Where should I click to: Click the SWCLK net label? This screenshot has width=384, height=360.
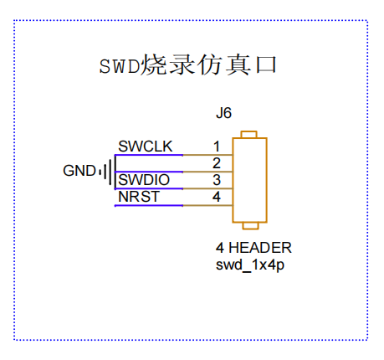146,147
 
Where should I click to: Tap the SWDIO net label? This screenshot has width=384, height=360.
144,180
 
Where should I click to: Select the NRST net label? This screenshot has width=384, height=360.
139,197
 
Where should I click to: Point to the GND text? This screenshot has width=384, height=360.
79,171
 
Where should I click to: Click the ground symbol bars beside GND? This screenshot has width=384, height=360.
107,171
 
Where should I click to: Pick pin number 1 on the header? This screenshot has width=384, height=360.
217,147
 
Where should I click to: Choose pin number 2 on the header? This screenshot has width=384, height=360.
217,163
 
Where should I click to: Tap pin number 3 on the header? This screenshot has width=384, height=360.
217,180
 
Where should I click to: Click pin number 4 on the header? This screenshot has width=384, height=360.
217,197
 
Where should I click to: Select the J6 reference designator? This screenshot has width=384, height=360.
223,113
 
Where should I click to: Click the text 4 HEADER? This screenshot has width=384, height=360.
253,248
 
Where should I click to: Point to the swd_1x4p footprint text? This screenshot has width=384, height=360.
250,265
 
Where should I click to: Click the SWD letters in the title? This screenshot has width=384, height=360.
120,66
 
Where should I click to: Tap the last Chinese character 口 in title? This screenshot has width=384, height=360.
266,64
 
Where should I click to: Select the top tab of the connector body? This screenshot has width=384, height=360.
248,134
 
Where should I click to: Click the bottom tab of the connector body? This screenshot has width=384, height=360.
250,226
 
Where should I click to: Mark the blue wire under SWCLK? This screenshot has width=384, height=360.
149,155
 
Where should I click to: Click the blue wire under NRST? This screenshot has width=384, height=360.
149,206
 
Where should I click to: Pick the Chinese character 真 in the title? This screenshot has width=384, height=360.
238,64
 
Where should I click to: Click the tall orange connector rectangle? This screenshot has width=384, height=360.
233,180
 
